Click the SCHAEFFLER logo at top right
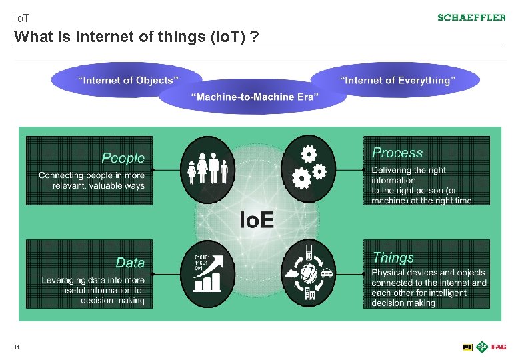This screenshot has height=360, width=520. (x=471, y=17)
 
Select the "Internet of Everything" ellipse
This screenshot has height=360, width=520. (x=398, y=80)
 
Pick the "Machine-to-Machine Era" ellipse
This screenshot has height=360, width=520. (x=255, y=97)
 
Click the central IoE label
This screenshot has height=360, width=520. (x=256, y=219)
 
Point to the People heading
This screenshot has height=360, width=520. (x=123, y=158)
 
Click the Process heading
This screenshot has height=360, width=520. (x=397, y=153)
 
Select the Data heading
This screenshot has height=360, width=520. (x=129, y=263)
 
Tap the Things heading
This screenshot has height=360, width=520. (x=393, y=257)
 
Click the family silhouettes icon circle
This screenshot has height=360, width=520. (x=208, y=169)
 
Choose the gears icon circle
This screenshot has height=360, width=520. (x=308, y=169)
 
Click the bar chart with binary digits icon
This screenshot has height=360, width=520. (x=208, y=273)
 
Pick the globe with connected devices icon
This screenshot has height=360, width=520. (x=308, y=273)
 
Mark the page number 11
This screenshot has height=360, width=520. (x=16, y=347)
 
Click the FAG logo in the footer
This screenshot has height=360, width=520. (x=499, y=347)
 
